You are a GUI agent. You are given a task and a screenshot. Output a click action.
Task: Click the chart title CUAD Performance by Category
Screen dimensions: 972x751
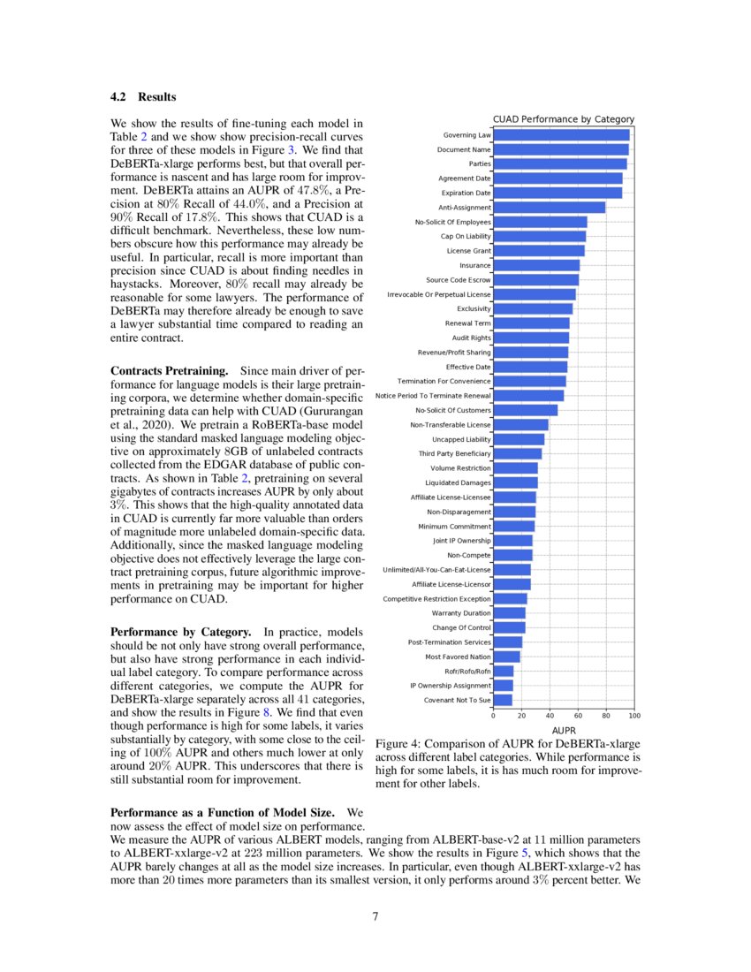pos(563,118)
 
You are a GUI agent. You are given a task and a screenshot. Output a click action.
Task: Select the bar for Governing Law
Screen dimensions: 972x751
pos(561,135)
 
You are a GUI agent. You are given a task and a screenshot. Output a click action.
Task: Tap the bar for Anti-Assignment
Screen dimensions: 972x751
pos(549,208)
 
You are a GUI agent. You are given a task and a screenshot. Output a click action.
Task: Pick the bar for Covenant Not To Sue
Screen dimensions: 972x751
pos(503,700)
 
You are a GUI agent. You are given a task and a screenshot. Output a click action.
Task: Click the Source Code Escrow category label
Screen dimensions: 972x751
pos(459,280)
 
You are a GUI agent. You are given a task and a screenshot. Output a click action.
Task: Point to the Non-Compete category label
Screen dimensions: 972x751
pos(469,555)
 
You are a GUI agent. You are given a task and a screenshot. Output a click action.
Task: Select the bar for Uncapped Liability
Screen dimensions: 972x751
pos(519,439)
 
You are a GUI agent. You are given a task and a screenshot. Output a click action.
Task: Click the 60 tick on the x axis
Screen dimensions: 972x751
pos(578,717)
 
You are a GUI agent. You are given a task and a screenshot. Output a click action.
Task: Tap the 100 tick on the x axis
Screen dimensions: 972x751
pos(634,717)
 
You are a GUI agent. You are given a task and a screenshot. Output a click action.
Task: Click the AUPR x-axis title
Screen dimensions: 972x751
pos(563,731)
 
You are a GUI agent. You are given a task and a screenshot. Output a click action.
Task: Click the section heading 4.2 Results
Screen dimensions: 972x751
pos(142,96)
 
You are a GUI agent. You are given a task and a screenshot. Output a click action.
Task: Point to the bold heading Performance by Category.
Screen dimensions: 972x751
pos(180,633)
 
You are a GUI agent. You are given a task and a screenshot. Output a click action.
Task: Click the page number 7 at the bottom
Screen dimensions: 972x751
pos(375,915)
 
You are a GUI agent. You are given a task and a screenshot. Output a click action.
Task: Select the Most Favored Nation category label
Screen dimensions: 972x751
pos(458,657)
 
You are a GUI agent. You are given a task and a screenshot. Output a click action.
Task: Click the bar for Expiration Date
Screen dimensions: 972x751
pos(558,193)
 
